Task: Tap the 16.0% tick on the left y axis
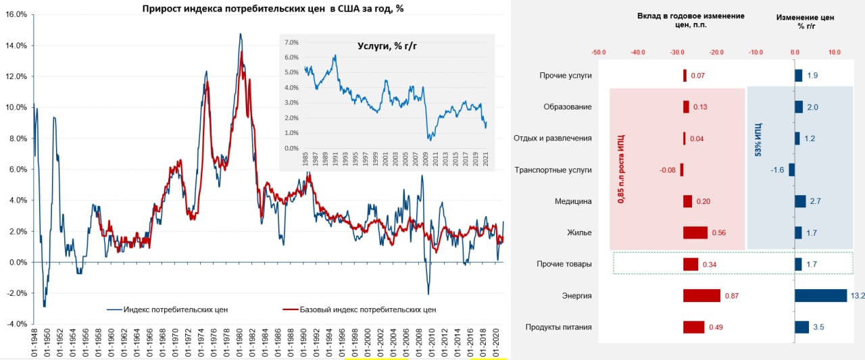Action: click(16, 14)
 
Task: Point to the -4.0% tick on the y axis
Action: click(16, 324)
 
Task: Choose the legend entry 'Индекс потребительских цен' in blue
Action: click(174, 309)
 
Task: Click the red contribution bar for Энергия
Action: click(701, 296)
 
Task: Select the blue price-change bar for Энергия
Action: click(820, 296)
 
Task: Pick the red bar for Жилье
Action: click(695, 233)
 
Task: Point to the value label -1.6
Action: click(777, 170)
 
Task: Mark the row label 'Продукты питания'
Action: click(558, 328)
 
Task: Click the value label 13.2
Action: click(856, 296)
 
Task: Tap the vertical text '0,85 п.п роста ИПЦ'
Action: click(621, 169)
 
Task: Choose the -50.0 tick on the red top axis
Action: click(598, 51)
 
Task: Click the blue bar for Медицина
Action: click(800, 201)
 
